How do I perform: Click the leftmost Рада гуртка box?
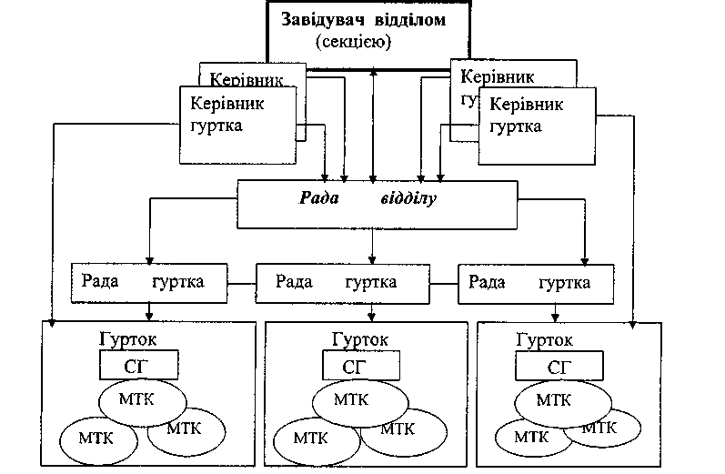tap(149, 283)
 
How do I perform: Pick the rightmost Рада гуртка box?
tap(536, 283)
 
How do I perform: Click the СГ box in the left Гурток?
tap(138, 366)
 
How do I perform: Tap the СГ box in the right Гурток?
tap(555, 366)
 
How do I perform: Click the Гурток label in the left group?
tap(126, 338)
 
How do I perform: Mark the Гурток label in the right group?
tap(544, 338)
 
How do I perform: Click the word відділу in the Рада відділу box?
tap(408, 198)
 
